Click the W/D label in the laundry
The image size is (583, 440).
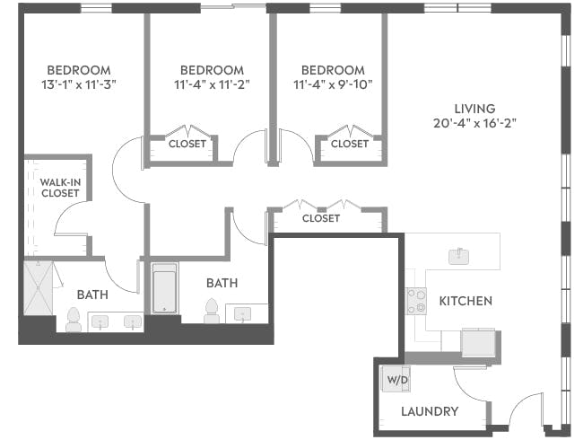[x=396, y=380]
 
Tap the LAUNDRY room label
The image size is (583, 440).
[x=430, y=412]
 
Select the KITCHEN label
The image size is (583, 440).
[x=466, y=301]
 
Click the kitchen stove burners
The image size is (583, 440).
[x=416, y=300]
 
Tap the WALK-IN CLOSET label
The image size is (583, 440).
[x=60, y=187]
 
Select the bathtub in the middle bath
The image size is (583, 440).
[x=163, y=289]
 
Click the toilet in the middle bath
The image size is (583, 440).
[x=213, y=311]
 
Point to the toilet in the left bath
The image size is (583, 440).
[x=74, y=319]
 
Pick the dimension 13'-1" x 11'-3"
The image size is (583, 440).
[x=78, y=84]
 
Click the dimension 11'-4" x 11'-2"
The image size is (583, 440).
[x=212, y=84]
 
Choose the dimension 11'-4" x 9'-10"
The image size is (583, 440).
[x=332, y=84]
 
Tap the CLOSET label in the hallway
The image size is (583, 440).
[x=320, y=218]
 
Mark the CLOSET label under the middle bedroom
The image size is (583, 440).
[x=187, y=144]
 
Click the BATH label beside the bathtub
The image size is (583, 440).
[x=222, y=283]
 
